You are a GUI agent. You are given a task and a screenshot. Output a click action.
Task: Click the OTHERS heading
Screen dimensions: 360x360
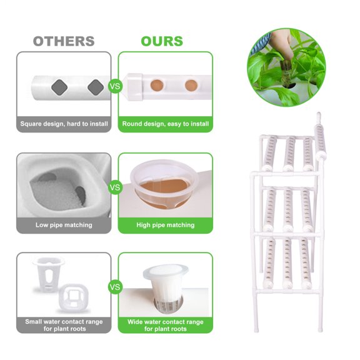(64, 41)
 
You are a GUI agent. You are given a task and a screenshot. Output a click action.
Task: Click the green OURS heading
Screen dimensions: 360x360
(162, 41)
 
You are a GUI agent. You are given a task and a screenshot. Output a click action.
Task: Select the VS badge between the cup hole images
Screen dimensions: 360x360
(115, 186)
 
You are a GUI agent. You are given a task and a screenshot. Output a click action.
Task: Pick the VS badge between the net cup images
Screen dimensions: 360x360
(115, 287)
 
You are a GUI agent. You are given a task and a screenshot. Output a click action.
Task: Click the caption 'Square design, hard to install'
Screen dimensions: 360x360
(64, 124)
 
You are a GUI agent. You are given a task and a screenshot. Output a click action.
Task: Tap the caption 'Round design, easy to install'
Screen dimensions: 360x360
(166, 124)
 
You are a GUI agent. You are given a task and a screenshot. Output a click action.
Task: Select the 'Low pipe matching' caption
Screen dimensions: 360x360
(64, 225)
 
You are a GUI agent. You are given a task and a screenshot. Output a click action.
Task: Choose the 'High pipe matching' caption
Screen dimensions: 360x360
(166, 225)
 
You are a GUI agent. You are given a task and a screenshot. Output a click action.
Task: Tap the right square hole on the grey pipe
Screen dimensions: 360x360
(95, 86)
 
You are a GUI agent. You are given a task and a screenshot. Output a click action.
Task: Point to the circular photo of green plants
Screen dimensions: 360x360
(286, 67)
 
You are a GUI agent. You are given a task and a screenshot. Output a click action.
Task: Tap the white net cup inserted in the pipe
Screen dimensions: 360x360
(165, 284)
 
